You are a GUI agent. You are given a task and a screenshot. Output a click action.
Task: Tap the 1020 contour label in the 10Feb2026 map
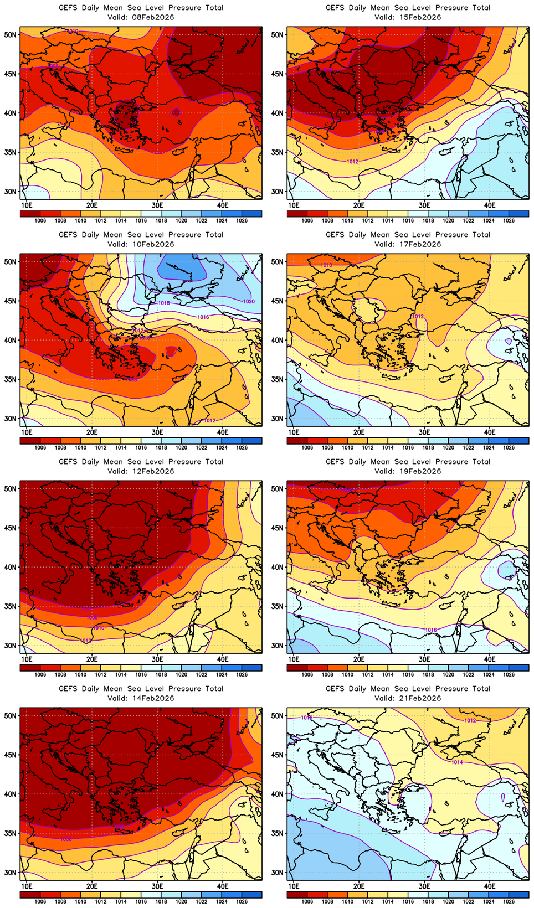(249, 301)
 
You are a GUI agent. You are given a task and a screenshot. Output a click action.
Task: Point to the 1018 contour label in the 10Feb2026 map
(164, 303)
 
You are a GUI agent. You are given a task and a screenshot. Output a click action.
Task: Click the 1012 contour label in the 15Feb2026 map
(352, 162)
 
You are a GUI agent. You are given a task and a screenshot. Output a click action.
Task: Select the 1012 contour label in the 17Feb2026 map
(418, 317)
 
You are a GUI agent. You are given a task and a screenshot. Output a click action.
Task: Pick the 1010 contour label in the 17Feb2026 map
(326, 265)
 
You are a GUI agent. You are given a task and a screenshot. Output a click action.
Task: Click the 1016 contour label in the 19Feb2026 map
(430, 630)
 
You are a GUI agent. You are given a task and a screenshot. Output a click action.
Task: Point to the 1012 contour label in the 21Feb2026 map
(470, 720)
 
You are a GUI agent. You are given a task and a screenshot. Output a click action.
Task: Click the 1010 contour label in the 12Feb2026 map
(98, 628)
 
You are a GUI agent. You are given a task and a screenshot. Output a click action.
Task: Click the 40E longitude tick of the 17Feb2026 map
(490, 432)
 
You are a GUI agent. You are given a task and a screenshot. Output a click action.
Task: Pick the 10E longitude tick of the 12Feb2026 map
(27, 659)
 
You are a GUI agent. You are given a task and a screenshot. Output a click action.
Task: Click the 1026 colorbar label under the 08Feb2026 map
(242, 220)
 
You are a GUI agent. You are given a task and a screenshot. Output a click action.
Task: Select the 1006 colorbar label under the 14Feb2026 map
(40, 901)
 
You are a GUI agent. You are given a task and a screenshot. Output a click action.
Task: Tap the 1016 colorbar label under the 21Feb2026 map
(408, 901)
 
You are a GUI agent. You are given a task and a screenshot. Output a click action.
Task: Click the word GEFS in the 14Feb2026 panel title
(68, 689)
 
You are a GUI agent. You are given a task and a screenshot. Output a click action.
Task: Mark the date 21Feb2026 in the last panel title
(419, 698)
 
